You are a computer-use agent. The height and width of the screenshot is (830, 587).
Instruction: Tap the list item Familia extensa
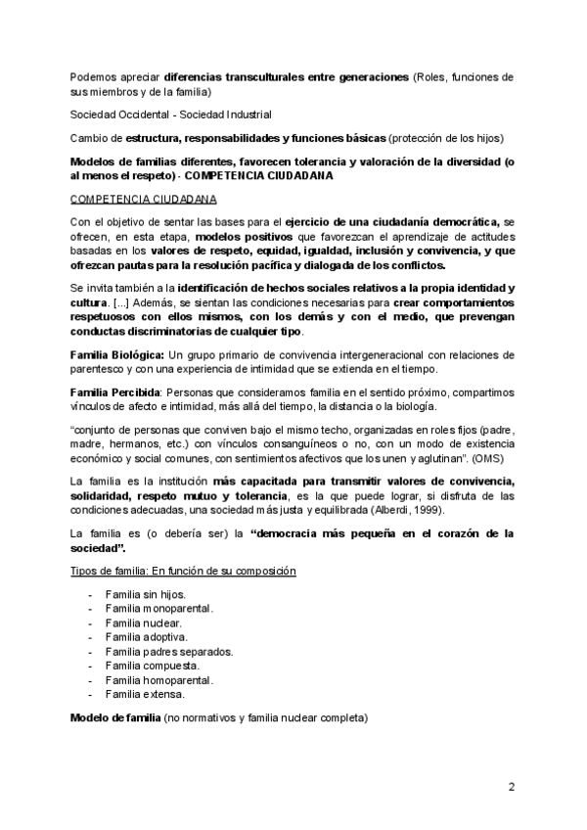pos(145,694)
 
